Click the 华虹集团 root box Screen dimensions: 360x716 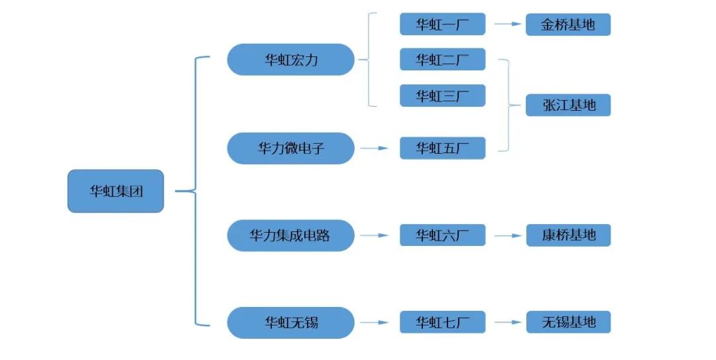(x=115, y=191)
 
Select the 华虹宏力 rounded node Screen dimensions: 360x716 (x=291, y=60)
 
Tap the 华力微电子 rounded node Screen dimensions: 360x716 (x=291, y=148)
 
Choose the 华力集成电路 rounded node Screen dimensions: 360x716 (x=291, y=235)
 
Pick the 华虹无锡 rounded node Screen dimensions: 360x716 (x=291, y=323)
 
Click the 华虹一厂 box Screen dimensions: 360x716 (x=442, y=25)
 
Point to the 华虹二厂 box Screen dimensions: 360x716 (x=442, y=60)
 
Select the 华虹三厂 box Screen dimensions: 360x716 (x=442, y=95)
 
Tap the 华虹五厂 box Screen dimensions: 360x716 (x=442, y=148)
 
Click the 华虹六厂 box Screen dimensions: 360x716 (x=442, y=235)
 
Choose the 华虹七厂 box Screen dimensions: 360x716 (x=442, y=323)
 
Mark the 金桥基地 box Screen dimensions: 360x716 (x=568, y=25)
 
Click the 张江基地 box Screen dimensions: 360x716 (x=568, y=105)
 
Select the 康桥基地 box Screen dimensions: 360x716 (x=568, y=235)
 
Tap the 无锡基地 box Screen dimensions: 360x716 (x=568, y=323)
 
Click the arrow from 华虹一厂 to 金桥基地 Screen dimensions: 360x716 (x=507, y=25)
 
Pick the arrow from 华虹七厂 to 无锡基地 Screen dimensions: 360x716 (x=507, y=323)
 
